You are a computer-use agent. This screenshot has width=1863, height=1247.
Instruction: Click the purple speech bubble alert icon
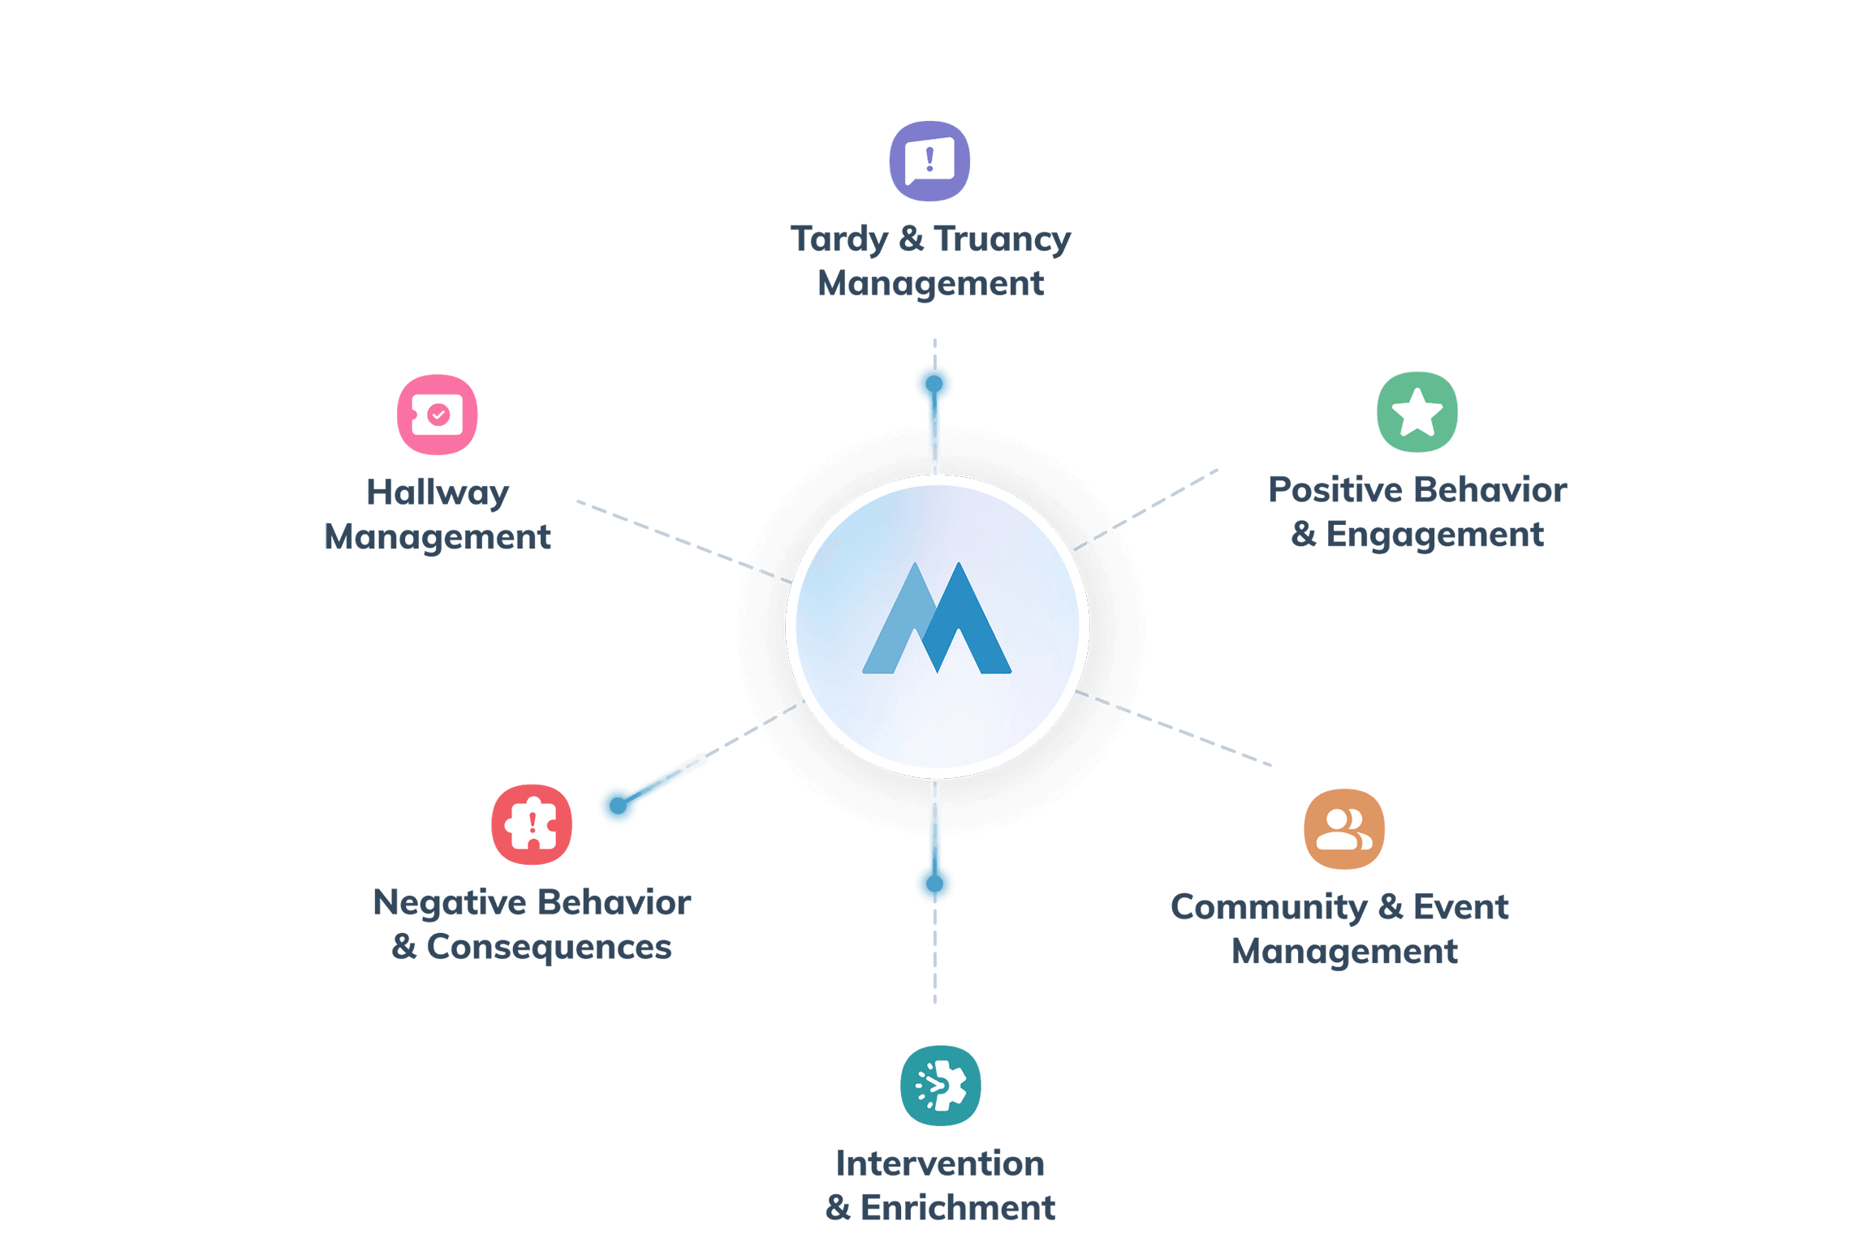click(x=929, y=161)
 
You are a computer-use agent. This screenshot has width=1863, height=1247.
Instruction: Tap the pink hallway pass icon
click(x=437, y=415)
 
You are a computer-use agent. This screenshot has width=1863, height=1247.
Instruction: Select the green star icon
click(x=1417, y=412)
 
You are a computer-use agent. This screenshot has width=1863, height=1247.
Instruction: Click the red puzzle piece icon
click(x=532, y=824)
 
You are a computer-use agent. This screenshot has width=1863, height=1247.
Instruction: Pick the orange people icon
click(x=1344, y=828)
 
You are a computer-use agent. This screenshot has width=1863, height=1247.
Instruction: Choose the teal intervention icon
click(x=940, y=1086)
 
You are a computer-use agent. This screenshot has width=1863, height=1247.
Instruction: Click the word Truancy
click(x=1003, y=239)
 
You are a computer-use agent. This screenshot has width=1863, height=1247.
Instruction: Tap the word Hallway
click(x=437, y=492)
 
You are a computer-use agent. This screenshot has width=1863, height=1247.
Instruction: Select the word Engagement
click(x=1434, y=535)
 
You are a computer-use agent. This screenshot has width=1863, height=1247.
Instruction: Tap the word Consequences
click(x=549, y=947)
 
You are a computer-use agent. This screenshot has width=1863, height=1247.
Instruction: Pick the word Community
click(x=1269, y=907)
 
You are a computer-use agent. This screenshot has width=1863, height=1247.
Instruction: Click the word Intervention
click(x=940, y=1163)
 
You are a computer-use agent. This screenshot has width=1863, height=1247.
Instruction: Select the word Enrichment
click(x=958, y=1208)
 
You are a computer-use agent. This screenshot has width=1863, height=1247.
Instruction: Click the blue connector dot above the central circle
click(x=934, y=384)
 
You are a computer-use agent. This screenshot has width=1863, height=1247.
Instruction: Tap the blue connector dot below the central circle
click(x=934, y=883)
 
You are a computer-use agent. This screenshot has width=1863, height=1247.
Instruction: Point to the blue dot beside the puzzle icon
click(x=619, y=804)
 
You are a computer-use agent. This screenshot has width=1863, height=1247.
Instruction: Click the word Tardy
click(x=839, y=239)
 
